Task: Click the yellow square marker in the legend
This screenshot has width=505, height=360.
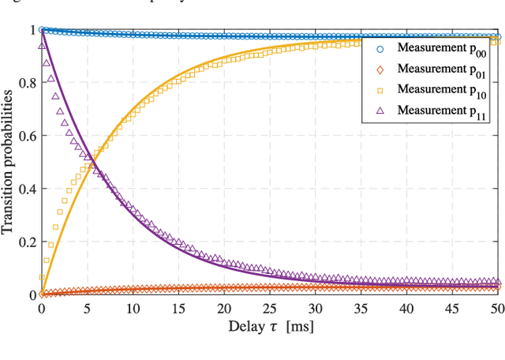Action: pyautogui.click(x=380, y=89)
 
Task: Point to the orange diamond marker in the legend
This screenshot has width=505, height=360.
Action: pyautogui.click(x=380, y=69)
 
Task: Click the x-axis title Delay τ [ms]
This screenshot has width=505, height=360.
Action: pyautogui.click(x=271, y=326)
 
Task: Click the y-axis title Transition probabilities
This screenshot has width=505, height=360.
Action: pyautogui.click(x=9, y=163)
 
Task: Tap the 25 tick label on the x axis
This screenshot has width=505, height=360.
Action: pyautogui.click(x=271, y=308)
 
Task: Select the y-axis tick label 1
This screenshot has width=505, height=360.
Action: pyautogui.click(x=32, y=30)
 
